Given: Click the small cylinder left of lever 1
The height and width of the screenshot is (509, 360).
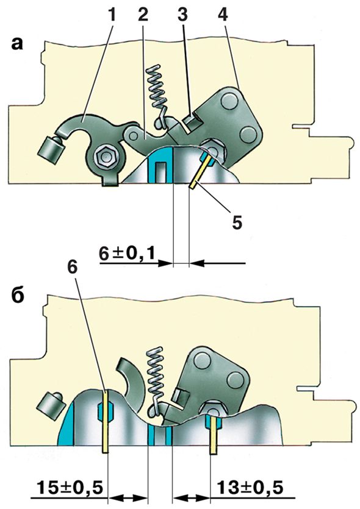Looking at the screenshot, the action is tap(51, 149).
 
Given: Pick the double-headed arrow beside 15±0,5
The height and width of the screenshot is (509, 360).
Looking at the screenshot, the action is tap(128, 497).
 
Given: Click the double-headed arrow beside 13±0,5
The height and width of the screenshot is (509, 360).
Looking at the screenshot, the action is tap(191, 497).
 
